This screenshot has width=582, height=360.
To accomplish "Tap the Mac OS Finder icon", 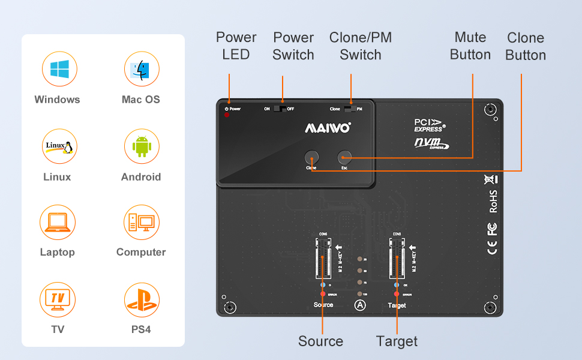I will tap(141, 69).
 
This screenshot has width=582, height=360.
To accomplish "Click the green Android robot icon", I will tap(141, 146).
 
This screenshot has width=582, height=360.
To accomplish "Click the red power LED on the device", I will tap(227, 115).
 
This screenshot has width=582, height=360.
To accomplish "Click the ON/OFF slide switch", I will tap(280, 109).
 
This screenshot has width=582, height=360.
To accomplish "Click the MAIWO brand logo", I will tap(328, 128).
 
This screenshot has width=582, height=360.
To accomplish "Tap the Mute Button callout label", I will tap(470, 46).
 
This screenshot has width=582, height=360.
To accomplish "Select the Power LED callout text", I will tap(236, 46).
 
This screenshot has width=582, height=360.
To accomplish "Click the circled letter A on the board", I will tap(360, 305).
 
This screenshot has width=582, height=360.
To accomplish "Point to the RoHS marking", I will tap(493, 202).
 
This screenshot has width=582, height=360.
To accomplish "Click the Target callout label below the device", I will tap(397, 341).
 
